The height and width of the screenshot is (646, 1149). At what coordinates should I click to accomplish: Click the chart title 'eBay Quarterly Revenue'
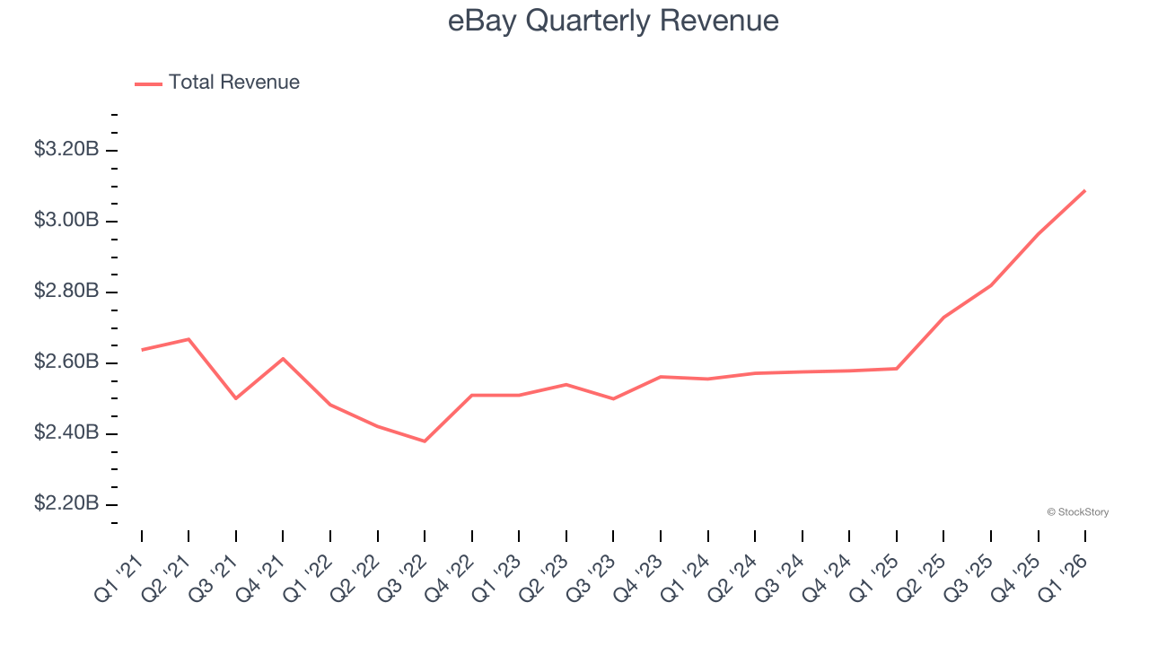[613, 22]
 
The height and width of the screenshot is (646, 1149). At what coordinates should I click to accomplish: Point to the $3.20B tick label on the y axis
[66, 150]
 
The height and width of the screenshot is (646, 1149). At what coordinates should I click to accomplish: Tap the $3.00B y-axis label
[66, 221]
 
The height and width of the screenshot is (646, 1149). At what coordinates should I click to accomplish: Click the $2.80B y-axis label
[66, 292]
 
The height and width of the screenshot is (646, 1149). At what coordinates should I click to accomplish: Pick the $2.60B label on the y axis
[66, 362]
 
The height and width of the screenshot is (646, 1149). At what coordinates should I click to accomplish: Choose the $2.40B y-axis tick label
[66, 433]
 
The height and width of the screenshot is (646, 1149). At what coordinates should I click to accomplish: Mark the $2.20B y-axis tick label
[66, 504]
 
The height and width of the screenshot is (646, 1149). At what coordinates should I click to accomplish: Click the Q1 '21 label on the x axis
[120, 576]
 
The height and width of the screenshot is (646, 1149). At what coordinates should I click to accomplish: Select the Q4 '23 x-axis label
[639, 576]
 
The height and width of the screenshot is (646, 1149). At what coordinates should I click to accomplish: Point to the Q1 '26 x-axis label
[1064, 576]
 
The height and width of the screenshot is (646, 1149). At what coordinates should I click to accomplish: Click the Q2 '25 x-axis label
[922, 576]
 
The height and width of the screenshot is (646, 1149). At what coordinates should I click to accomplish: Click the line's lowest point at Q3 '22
[425, 441]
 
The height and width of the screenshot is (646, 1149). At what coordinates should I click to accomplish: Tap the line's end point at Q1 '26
[1085, 190]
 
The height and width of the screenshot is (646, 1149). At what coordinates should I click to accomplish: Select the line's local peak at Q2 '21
[189, 339]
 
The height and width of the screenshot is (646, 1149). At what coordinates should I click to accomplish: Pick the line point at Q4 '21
[283, 359]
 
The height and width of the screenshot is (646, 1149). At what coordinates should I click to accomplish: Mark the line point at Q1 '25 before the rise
[897, 369]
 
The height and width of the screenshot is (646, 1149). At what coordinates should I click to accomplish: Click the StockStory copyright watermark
[1077, 512]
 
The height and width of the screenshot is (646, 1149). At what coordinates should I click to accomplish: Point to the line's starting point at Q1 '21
[142, 350]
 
